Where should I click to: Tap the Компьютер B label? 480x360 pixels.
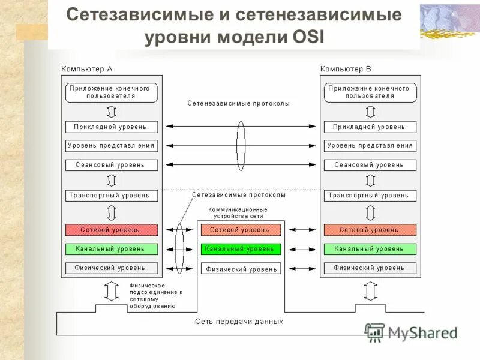[346, 69]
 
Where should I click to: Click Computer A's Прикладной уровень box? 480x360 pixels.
[112, 127]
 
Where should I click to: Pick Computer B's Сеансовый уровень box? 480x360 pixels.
[370, 164]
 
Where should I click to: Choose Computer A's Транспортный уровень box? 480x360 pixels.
[112, 196]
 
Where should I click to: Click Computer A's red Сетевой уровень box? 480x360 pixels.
[112, 230]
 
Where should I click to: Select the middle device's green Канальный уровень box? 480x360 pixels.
[240, 248]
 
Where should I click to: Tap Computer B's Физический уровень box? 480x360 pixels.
[370, 268]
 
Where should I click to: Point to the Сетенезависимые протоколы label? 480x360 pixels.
[238, 103]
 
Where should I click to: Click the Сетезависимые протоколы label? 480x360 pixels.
[239, 195]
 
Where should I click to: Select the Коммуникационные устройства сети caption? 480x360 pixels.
[238, 213]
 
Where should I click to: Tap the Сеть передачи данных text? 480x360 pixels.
[239, 322]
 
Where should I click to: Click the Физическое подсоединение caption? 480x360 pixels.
[155, 295]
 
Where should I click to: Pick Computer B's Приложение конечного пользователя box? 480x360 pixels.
[370, 92]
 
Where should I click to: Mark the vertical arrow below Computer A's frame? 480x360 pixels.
[111, 291]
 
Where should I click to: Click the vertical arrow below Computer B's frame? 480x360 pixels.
[370, 291]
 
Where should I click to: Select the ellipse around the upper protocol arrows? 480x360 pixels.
[241, 145]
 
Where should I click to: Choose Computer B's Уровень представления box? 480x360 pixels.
[370, 145]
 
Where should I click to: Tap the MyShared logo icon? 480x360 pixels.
[375, 332]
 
